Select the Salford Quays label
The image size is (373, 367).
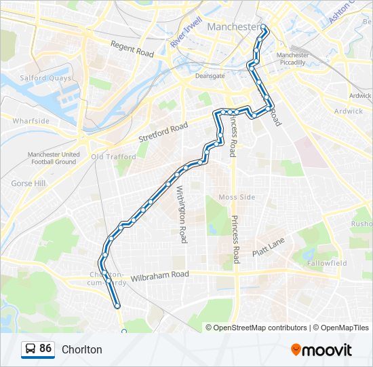pyautogui.click(x=45, y=78)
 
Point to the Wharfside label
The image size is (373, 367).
pyautogui.click(x=31, y=120)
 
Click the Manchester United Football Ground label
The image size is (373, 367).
pyautogui.click(x=54, y=158)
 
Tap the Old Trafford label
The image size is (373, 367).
pyautogui.click(x=113, y=157)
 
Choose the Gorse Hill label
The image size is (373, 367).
pyautogui.click(x=28, y=183)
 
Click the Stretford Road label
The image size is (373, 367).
pyautogui.click(x=163, y=131)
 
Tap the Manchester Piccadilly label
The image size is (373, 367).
pyautogui.click(x=293, y=58)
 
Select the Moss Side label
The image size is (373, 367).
pyautogui.click(x=237, y=197)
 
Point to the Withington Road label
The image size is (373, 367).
pyautogui.click(x=182, y=215)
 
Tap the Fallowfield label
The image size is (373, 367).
pyautogui.click(x=326, y=263)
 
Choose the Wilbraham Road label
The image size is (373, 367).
pyautogui.click(x=160, y=275)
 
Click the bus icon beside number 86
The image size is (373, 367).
pyautogui.click(x=31, y=349)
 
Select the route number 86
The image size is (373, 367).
pyautogui.click(x=45, y=349)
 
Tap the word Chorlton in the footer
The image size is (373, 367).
pyautogui.click(x=82, y=350)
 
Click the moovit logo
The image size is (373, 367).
pyautogui.click(x=321, y=350)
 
